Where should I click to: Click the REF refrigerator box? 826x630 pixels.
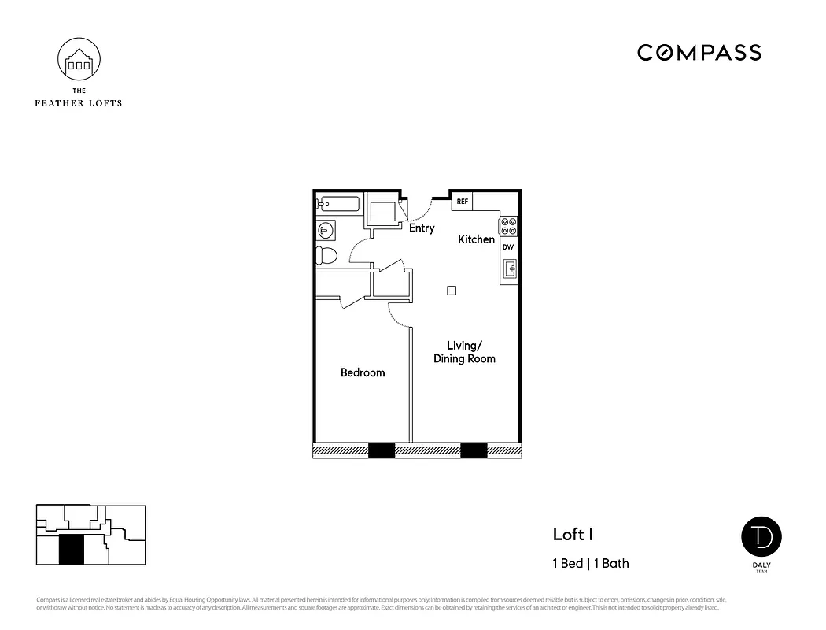click(x=462, y=202)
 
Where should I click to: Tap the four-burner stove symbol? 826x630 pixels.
click(x=508, y=226)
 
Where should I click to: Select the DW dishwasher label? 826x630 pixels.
click(x=508, y=247)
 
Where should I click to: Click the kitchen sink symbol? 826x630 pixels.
click(x=509, y=269)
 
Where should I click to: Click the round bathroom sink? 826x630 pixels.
click(x=326, y=230)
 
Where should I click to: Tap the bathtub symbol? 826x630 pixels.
click(x=338, y=205)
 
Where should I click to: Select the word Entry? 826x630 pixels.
click(x=422, y=228)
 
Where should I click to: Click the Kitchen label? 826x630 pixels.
click(x=477, y=239)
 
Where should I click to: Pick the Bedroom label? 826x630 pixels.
click(x=363, y=372)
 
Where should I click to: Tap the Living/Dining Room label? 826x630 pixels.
click(x=465, y=352)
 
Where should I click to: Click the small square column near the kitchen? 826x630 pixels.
click(x=452, y=290)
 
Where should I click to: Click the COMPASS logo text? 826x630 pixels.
click(x=699, y=53)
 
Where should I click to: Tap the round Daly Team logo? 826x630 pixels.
click(x=761, y=536)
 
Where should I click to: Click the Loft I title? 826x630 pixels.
click(x=573, y=535)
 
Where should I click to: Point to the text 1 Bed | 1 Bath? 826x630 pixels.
click(x=590, y=563)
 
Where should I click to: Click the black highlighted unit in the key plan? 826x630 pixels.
click(x=72, y=549)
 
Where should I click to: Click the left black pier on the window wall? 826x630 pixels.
click(x=382, y=450)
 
